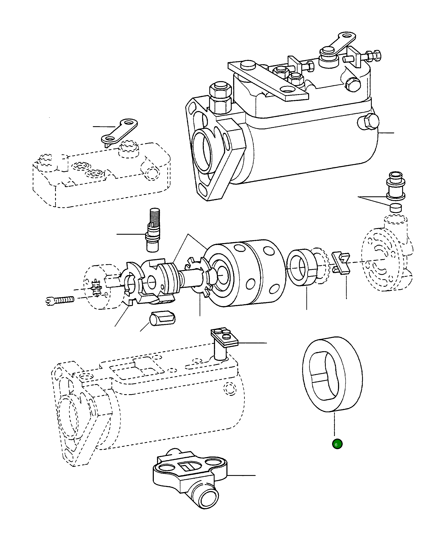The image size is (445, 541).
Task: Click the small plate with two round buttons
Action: [x=224, y=336]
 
